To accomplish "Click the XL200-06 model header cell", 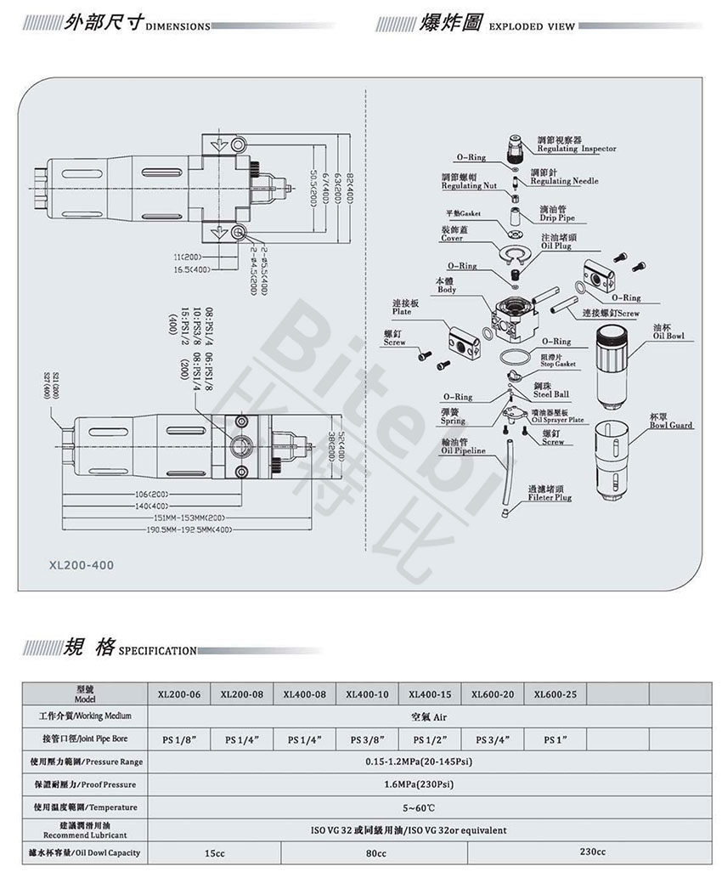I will [179, 694].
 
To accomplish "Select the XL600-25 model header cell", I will [556, 694].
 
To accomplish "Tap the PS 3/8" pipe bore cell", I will [368, 739].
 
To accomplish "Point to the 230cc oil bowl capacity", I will [593, 852].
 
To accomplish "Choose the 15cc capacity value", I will [215, 853].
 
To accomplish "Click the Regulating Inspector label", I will [576, 149].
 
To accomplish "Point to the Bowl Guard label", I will [670, 424].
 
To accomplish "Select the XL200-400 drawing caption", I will [81, 563].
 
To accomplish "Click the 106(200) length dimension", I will [153, 493].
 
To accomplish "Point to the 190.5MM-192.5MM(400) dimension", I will [189, 529].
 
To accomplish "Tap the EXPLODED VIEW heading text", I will [530, 26].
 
